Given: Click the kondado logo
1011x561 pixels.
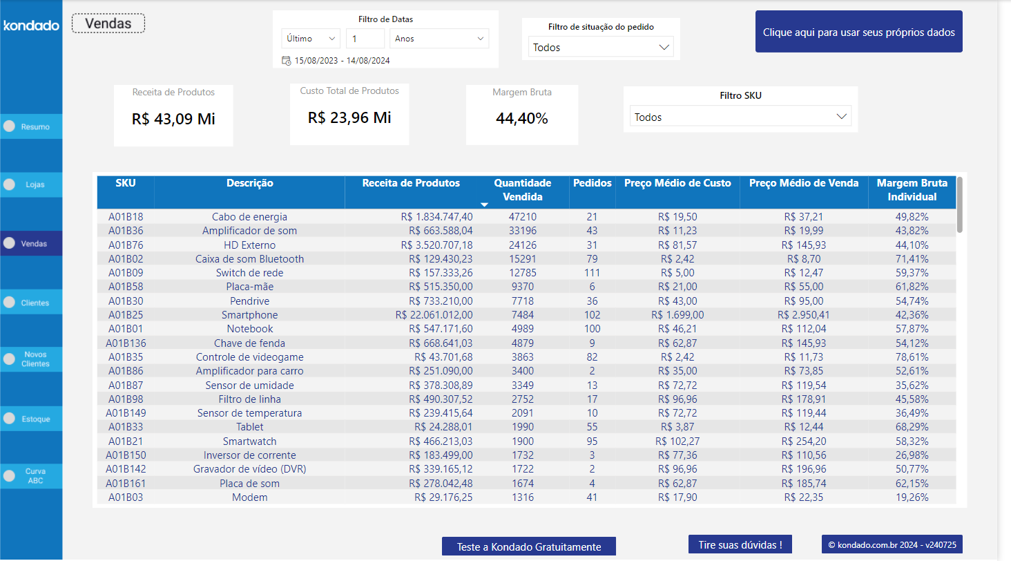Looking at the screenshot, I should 31,26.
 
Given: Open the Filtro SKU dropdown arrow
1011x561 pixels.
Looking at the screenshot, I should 841,117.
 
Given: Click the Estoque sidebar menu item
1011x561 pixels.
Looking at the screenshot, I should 31,419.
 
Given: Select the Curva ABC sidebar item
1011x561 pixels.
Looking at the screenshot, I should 31,476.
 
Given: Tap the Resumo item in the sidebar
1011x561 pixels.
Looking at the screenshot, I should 31,126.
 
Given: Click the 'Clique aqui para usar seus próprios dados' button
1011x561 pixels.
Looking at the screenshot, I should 858,32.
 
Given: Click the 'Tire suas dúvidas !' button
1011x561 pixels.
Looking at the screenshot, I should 740,544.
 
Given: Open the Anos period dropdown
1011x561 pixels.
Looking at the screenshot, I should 439,39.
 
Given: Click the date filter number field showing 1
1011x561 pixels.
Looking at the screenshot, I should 365,39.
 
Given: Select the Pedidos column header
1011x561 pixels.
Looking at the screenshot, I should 592,183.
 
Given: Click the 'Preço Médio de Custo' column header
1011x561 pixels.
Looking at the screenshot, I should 677,183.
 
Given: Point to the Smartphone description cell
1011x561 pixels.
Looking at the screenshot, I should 249,315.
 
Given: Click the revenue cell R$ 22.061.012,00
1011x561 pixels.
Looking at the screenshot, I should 434,315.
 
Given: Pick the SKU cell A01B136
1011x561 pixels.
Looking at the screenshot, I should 126,343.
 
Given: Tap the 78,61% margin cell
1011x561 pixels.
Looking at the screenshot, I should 912,357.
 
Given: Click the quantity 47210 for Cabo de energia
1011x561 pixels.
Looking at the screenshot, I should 522,217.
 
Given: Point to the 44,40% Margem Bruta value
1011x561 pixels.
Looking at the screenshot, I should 521,119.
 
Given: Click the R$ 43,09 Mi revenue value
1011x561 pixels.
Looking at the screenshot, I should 173,119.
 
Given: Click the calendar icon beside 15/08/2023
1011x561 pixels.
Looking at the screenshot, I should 286,61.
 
